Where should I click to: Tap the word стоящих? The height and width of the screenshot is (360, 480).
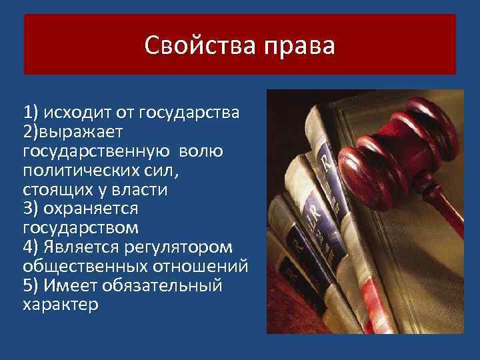[x=57, y=189]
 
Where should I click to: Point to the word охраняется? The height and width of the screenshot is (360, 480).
[x=91, y=209]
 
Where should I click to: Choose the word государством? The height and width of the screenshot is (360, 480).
[x=81, y=228]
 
